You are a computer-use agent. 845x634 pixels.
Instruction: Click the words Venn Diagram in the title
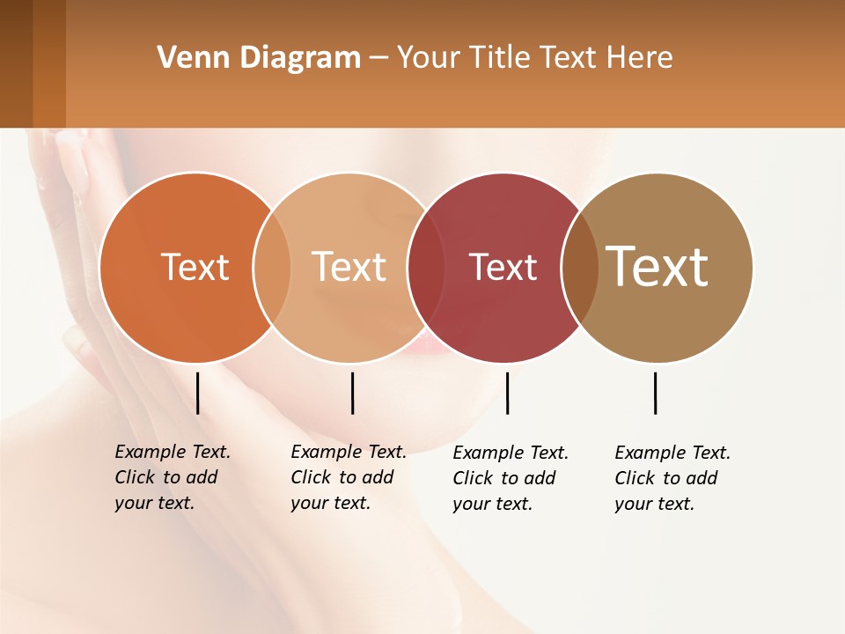coord(259,58)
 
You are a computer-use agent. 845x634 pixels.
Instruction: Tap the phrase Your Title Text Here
coord(534,58)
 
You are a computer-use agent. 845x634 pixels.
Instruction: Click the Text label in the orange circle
coord(195,267)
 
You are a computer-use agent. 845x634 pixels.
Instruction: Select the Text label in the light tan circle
coord(349,267)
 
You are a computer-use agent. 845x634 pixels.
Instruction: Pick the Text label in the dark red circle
coord(503,267)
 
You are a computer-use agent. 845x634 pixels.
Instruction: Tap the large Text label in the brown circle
coord(657,266)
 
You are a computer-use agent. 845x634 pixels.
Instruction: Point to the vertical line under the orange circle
coord(197,393)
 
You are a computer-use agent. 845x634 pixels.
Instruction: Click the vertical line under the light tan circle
coord(352,393)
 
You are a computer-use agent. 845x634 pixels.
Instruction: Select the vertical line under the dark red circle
coord(507,393)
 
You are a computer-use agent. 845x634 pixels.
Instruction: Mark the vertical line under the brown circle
coord(655,393)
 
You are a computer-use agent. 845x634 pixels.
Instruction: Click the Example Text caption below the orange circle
coord(173,477)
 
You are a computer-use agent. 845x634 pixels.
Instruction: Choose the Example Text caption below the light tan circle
coord(349,477)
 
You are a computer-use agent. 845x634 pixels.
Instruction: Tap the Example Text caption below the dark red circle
coord(511,478)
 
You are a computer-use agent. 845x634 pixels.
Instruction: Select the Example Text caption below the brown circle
coord(672,478)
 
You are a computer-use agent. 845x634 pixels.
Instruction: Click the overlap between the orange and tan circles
coord(272,268)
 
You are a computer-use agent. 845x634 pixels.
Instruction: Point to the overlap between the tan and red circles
coord(425,268)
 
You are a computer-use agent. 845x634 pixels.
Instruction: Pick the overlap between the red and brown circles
coord(579,268)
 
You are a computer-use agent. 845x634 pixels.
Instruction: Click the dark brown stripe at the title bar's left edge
coord(16,63)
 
